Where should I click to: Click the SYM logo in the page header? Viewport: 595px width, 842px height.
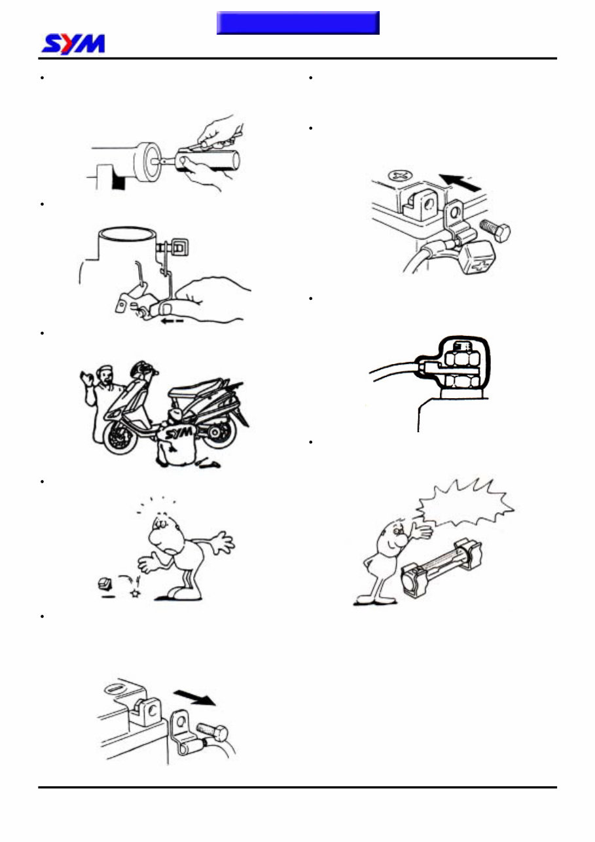click(73, 44)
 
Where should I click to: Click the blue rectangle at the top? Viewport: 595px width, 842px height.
click(298, 23)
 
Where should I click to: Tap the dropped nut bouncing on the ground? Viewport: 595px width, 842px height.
click(103, 583)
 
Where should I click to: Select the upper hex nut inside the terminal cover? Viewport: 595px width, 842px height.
click(461, 358)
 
